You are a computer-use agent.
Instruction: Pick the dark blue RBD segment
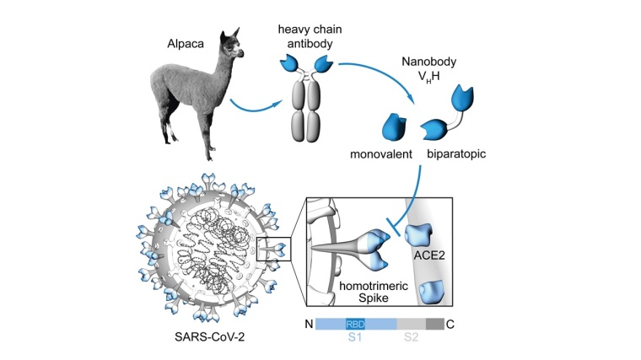coord(358,324)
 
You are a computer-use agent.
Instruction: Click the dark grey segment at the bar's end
coord(434,324)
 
